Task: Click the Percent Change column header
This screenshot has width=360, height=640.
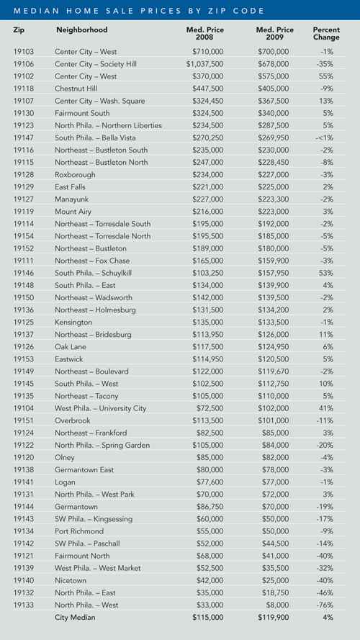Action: (x=326, y=33)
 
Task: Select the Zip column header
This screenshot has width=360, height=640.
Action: (x=19, y=30)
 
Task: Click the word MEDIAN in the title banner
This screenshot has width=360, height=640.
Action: (x=32, y=11)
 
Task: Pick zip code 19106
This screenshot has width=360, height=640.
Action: (x=24, y=64)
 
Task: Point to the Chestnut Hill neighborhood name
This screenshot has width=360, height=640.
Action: (x=76, y=89)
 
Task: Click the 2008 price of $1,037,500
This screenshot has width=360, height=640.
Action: (x=205, y=64)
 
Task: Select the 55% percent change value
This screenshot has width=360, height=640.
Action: (x=327, y=76)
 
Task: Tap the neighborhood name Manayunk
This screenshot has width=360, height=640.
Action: (x=71, y=199)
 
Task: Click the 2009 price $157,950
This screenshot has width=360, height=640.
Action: (x=273, y=273)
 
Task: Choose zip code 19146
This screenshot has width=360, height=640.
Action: (x=24, y=273)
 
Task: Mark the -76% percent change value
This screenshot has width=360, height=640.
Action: (x=325, y=605)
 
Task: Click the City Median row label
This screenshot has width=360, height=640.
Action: (x=75, y=617)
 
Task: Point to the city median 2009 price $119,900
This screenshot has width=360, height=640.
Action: (x=273, y=617)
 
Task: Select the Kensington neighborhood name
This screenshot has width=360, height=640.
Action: (x=73, y=322)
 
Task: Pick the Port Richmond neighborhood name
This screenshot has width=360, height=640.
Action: (x=79, y=531)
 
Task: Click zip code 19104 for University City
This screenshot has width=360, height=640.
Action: (x=24, y=408)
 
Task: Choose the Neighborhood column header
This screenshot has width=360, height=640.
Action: (x=81, y=30)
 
